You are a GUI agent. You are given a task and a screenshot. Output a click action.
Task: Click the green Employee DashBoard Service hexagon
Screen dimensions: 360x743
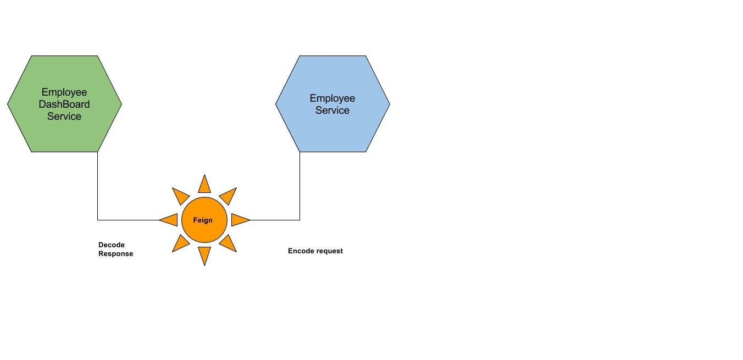[x=64, y=132]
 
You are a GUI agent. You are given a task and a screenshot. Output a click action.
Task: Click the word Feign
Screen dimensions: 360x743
[x=203, y=220]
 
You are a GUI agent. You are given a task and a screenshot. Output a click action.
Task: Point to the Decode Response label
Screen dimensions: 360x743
[x=115, y=250]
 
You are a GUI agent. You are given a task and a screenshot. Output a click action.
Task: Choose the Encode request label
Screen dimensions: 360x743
[x=315, y=251]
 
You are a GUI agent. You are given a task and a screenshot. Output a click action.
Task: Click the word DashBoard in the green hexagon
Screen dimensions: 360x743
[x=64, y=104]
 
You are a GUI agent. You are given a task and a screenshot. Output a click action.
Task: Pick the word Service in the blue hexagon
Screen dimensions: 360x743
[x=332, y=110]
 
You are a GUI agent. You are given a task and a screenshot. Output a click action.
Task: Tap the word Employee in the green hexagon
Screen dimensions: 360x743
[x=64, y=92]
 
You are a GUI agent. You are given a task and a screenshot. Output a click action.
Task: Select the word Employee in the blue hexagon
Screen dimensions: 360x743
[x=332, y=98]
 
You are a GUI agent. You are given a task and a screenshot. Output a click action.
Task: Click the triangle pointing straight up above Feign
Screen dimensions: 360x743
[x=204, y=186]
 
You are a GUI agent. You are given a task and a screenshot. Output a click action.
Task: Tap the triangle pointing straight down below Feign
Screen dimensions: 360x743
[x=204, y=254]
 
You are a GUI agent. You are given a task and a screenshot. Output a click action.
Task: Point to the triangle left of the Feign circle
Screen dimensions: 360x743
[x=170, y=220]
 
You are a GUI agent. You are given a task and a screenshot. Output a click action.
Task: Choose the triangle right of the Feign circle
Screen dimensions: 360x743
[x=239, y=220]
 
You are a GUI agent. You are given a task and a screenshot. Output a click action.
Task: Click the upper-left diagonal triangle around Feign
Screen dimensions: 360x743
[x=180, y=195]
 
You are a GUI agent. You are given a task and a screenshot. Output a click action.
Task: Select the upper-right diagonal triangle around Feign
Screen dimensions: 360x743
[x=229, y=195]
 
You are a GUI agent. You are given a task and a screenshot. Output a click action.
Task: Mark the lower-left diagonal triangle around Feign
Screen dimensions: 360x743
[x=180, y=243]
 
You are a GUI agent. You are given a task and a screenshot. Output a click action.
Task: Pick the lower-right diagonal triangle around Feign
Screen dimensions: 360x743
[x=229, y=243]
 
